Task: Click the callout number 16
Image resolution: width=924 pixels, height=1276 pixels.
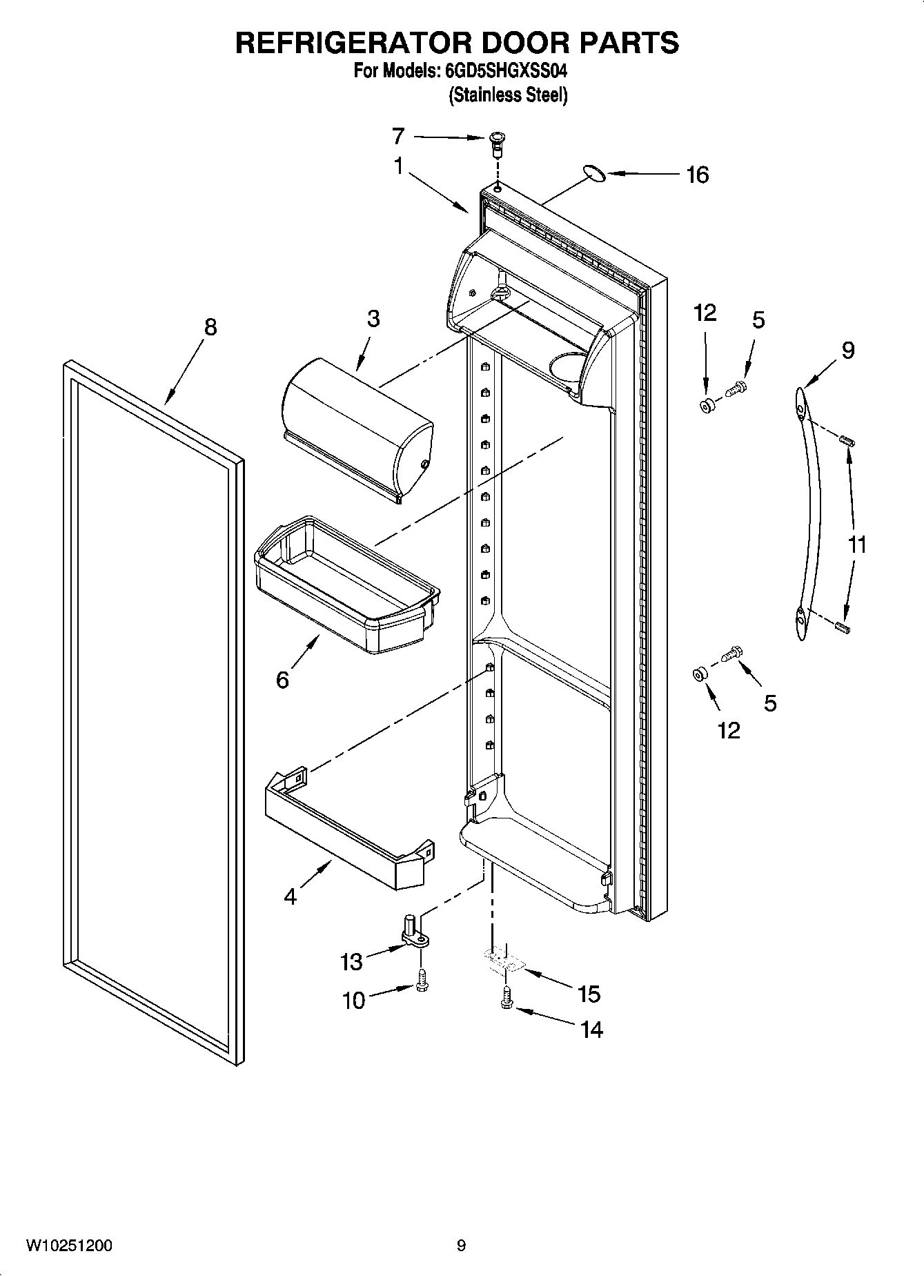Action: (x=698, y=175)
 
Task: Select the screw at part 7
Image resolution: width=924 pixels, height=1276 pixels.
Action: (x=495, y=141)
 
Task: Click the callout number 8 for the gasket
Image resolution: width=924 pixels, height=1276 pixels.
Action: (x=210, y=326)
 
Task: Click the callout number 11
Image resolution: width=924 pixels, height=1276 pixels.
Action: (x=856, y=544)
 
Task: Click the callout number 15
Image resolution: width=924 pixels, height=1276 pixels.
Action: (x=589, y=994)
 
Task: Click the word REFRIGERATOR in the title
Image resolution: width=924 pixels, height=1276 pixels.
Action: (x=353, y=43)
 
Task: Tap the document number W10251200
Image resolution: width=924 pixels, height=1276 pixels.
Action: (x=69, y=1246)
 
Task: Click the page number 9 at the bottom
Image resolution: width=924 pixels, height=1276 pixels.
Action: (x=461, y=1246)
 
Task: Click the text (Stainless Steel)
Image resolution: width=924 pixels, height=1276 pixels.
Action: (x=508, y=95)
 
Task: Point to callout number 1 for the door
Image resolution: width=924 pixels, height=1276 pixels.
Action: (x=398, y=166)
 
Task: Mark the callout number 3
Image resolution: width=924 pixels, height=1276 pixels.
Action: (x=373, y=319)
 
